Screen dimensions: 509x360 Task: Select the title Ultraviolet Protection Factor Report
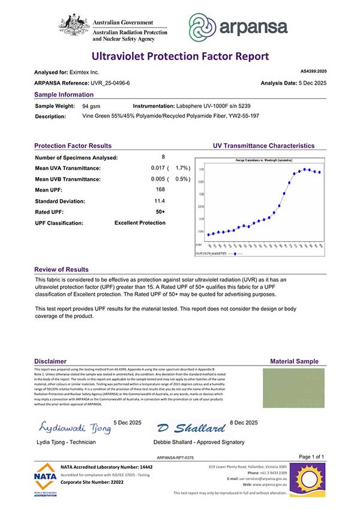coord(180,57)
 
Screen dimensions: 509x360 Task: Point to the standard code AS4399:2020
coord(312,71)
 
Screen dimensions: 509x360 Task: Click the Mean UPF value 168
coord(160,190)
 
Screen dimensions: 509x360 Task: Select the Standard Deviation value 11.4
coord(160,200)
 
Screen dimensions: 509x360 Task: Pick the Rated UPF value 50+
coord(160,211)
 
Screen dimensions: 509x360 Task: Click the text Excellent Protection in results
coord(140,223)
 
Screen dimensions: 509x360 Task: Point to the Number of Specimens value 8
coord(163,157)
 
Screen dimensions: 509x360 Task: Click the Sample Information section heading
coord(64,95)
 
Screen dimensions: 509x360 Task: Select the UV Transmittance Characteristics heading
coord(263,146)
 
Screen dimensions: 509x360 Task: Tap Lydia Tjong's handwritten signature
coord(74,427)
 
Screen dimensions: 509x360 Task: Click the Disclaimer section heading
coord(50,361)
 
